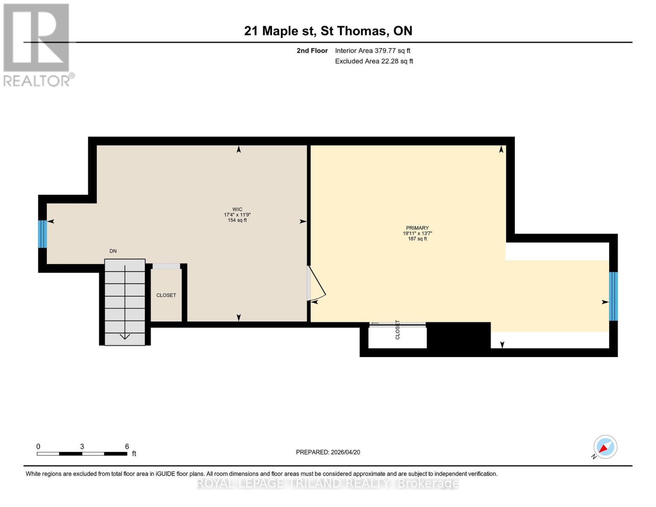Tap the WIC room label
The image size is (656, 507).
pyautogui.click(x=237, y=209)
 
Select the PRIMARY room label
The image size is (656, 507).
pyautogui.click(x=417, y=228)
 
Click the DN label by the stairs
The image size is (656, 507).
pyautogui.click(x=113, y=251)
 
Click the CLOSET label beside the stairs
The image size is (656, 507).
pyautogui.click(x=166, y=295)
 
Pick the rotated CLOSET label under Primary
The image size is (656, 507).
pyautogui.click(x=397, y=330)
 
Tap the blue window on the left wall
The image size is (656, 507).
pyautogui.click(x=42, y=234)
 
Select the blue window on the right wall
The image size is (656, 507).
pyautogui.click(x=613, y=296)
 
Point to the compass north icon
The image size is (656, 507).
pyautogui.click(x=605, y=447)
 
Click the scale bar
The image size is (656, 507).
pyautogui.click(x=82, y=454)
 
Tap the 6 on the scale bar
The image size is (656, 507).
pyautogui.click(x=127, y=447)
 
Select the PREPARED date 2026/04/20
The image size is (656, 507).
pyautogui.click(x=328, y=452)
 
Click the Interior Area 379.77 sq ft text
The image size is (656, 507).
pyautogui.click(x=373, y=51)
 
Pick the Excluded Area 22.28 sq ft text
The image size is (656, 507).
pyautogui.click(x=374, y=61)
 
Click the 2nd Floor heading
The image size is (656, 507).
pyautogui.click(x=312, y=51)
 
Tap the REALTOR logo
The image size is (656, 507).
pyautogui.click(x=37, y=45)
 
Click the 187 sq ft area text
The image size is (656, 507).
pyautogui.click(x=417, y=239)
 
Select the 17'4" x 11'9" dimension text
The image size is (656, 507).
pyautogui.click(x=237, y=215)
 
